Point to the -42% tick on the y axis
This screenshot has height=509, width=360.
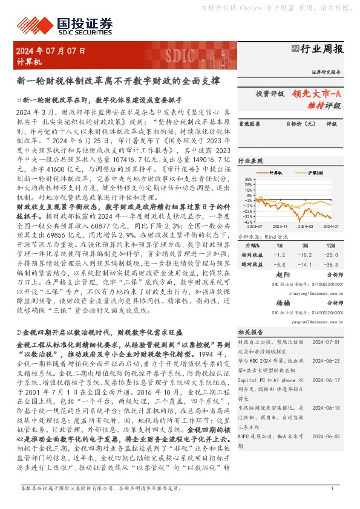(247, 222)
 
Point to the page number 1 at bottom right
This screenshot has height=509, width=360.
(332, 488)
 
